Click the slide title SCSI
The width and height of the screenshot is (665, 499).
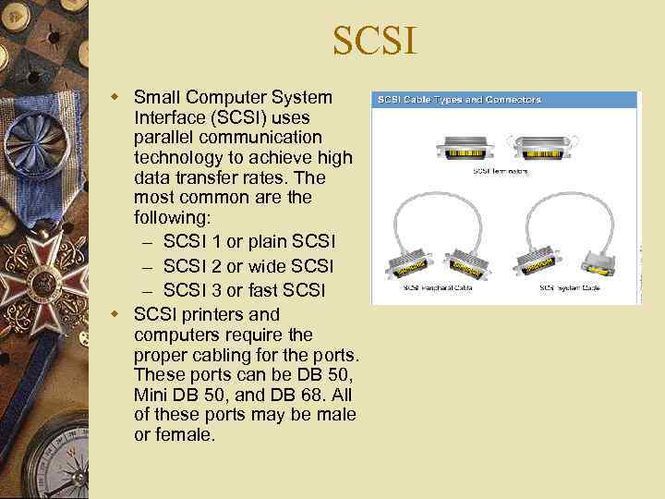tap(375, 42)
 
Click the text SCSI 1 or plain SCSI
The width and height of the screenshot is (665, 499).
tap(249, 241)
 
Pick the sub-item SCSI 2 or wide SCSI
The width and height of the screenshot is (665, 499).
tap(248, 266)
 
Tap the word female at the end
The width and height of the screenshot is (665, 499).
tap(186, 434)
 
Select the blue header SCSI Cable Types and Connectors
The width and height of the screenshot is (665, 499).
tap(457, 100)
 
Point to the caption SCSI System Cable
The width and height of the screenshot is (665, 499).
tap(570, 288)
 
